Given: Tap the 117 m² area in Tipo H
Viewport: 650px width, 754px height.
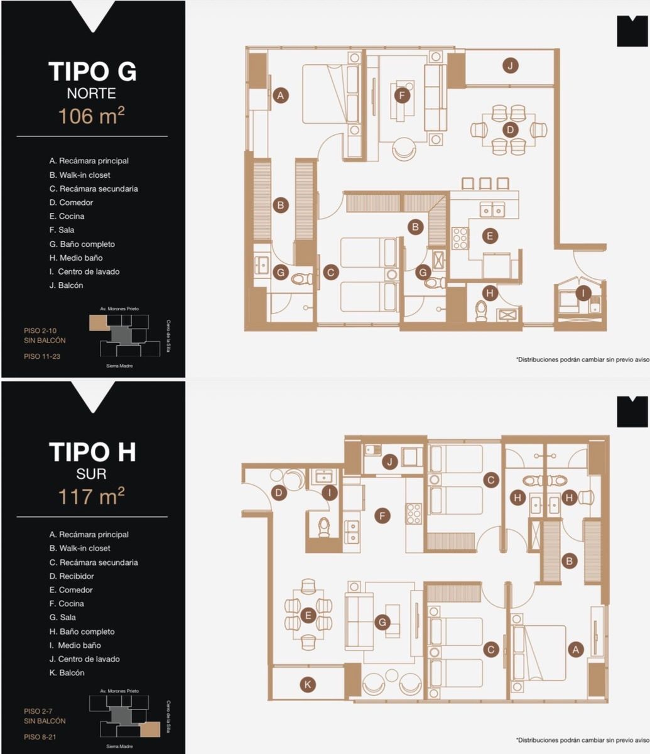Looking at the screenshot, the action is click(92, 496).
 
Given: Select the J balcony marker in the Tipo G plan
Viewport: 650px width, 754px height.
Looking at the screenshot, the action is click(510, 65).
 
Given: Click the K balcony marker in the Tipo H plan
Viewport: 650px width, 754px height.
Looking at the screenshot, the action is click(307, 684).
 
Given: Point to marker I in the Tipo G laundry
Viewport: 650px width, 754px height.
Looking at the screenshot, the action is click(583, 293).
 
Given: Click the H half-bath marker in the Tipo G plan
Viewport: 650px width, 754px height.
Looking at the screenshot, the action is click(490, 293).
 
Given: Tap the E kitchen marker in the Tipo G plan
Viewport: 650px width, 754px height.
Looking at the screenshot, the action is click(490, 236).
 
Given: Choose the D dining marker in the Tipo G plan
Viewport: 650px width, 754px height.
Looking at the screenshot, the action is click(510, 129).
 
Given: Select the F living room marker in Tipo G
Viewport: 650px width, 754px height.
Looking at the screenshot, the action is click(402, 96).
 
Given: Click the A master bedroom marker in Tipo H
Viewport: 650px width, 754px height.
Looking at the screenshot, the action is click(576, 650).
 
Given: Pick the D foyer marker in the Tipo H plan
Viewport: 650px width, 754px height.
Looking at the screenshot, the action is click(279, 493).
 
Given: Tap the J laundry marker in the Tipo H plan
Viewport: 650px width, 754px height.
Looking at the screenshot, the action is click(390, 462).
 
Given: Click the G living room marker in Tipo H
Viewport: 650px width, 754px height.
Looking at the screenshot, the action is click(382, 622).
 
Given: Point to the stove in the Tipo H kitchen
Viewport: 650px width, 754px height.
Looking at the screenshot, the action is click(414, 513).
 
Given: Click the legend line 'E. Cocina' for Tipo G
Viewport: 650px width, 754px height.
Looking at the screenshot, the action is click(67, 216).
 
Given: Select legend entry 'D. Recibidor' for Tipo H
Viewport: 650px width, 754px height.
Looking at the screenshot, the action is click(72, 576).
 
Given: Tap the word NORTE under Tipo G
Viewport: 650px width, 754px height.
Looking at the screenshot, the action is click(92, 94).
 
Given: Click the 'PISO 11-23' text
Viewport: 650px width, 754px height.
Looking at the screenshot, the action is click(42, 356).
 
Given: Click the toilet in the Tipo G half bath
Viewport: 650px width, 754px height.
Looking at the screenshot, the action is click(481, 311).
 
